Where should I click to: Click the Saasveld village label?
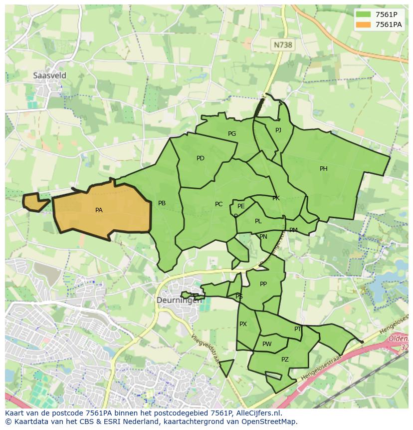(x=49, y=75)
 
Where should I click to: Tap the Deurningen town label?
(x=179, y=300)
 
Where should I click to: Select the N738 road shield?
(x=282, y=45)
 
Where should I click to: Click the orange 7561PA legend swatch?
(x=364, y=24)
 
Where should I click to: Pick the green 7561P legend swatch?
(x=364, y=14)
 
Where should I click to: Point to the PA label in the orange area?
(x=99, y=210)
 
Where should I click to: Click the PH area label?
(x=324, y=169)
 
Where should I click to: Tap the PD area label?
(x=201, y=158)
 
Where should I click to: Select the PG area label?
(x=232, y=134)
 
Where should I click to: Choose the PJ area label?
(x=278, y=130)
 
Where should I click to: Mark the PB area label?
(x=162, y=203)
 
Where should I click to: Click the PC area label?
(x=218, y=204)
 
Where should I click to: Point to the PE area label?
(x=241, y=206)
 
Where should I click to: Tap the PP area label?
(x=263, y=284)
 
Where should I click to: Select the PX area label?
(x=243, y=324)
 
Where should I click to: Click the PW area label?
(x=267, y=344)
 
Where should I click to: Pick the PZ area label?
(x=285, y=360)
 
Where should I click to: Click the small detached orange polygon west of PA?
(x=35, y=202)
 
